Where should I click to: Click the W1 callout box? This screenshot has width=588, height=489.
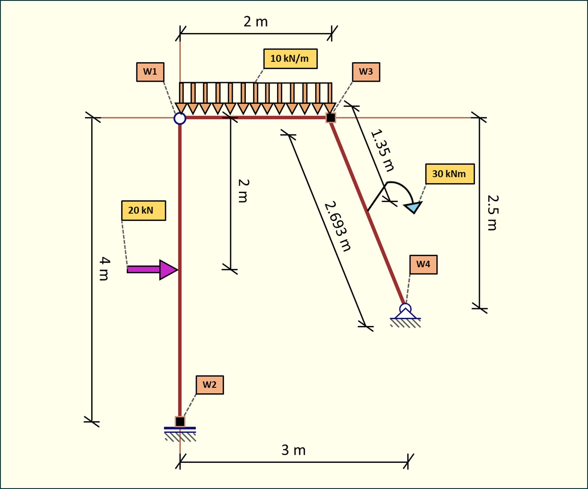tap(150, 72)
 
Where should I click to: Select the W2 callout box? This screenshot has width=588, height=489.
tap(210, 385)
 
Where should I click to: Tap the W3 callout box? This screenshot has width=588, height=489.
tap(366, 72)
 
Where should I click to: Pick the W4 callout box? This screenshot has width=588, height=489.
tap(423, 264)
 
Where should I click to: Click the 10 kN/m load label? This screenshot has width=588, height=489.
tap(290, 59)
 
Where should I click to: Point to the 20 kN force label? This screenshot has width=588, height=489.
tap(143, 210)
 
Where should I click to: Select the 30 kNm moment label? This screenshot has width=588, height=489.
tap(449, 174)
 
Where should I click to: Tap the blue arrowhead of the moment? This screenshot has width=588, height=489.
tap(413, 207)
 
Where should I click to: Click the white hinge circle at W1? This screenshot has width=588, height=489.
tap(180, 118)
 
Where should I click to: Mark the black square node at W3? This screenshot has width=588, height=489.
tap(330, 117)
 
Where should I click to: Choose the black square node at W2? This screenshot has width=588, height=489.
tap(180, 421)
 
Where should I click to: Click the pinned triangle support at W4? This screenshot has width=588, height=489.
tap(405, 313)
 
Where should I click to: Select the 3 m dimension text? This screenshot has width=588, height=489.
tap(294, 450)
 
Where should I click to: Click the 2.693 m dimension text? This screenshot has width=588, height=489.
tap(338, 226)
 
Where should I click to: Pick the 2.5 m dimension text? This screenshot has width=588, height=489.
tap(492, 213)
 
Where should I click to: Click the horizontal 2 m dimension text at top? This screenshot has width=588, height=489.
tap(255, 21)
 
